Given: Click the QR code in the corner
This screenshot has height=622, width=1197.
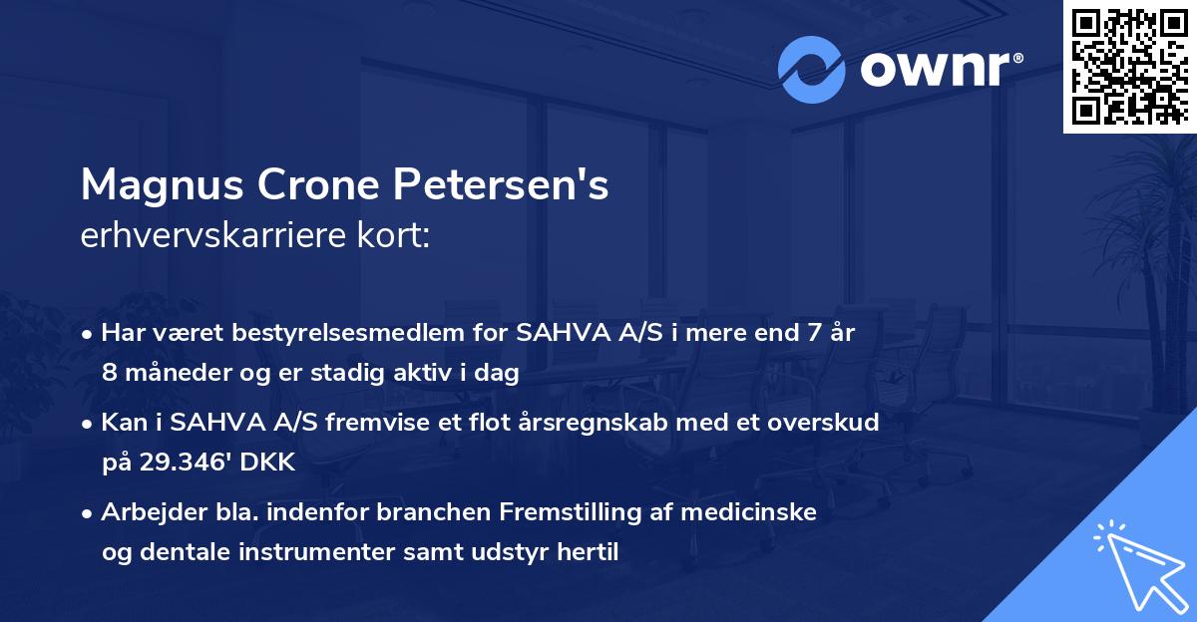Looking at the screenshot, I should [1130, 66].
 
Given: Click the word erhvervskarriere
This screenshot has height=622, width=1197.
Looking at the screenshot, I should [207, 237].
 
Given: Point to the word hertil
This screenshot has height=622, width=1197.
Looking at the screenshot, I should [585, 551].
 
